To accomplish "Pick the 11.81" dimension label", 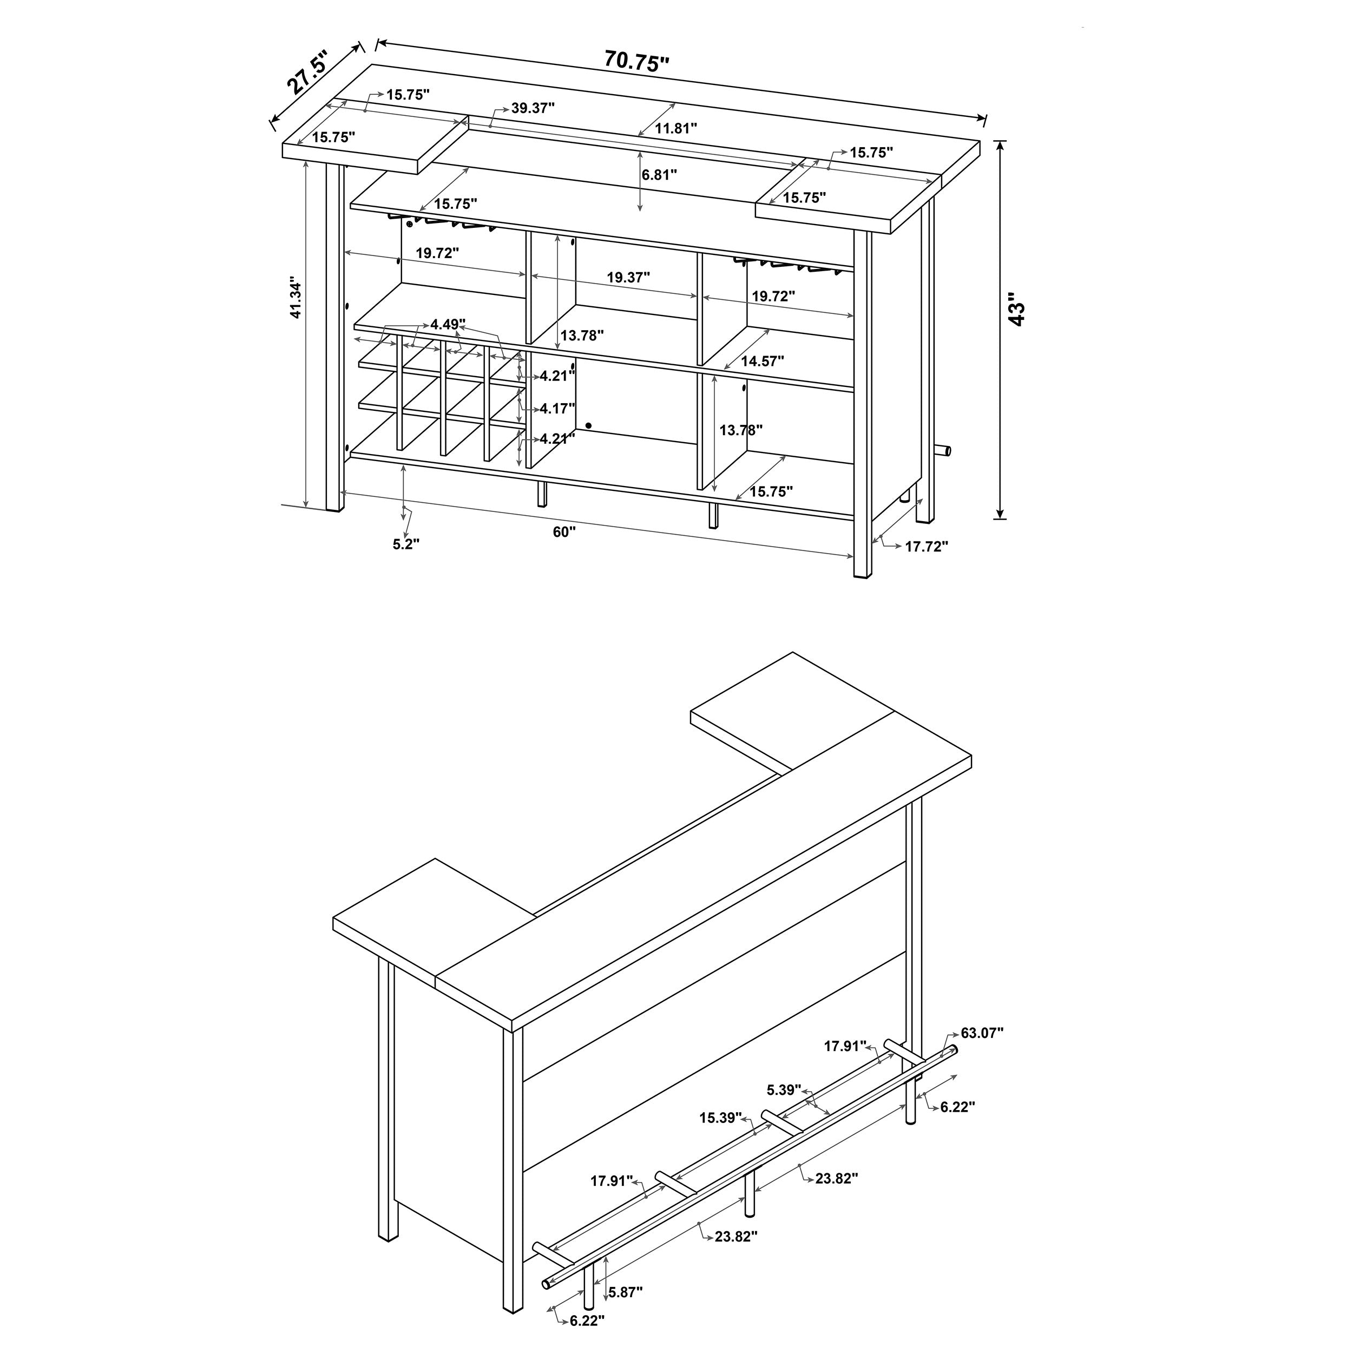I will [x=676, y=128].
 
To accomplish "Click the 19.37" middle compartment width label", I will [x=628, y=277].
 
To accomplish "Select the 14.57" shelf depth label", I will [x=762, y=362].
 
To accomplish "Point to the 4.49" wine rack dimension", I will [x=448, y=324].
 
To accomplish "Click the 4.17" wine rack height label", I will [x=557, y=408].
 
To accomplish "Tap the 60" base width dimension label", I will [x=564, y=532].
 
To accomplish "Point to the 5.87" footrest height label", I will [x=626, y=1291].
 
